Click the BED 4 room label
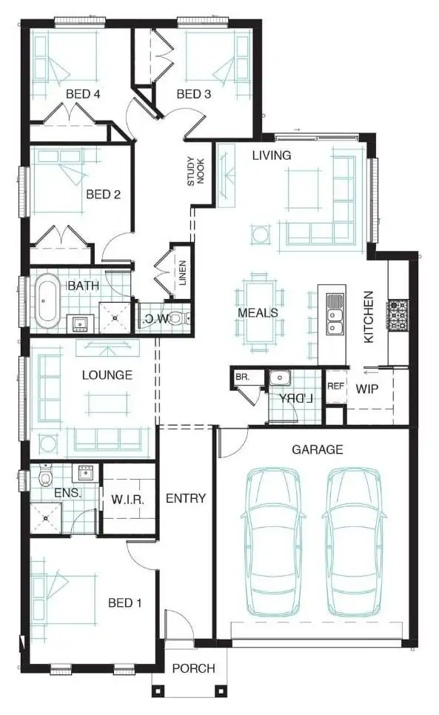pyautogui.click(x=83, y=94)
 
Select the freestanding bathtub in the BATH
pyautogui.click(x=49, y=301)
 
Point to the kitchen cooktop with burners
pyautogui.click(x=398, y=314)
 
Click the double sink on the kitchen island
pyautogui.click(x=335, y=313)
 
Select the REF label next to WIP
pyautogui.click(x=335, y=386)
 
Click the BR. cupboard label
pyautogui.click(x=242, y=377)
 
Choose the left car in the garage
pyautogui.click(x=272, y=543)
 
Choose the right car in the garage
pyautogui.click(x=358, y=543)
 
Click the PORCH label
pyautogui.click(x=193, y=668)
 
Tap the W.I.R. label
pyautogui.click(x=128, y=500)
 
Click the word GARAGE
pyautogui.click(x=317, y=449)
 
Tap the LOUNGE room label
pyautogui.click(x=107, y=375)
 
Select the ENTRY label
pyautogui.click(x=185, y=498)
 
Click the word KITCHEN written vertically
pyautogui.click(x=368, y=316)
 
